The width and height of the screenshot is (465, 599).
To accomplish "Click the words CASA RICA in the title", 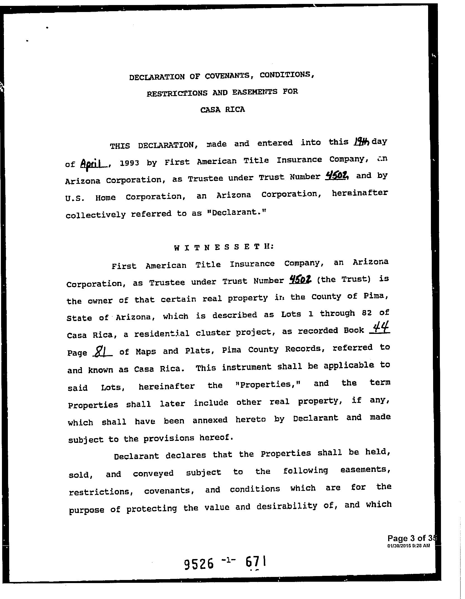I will coord(222,110).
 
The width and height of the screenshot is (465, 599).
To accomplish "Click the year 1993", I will coord(129,163).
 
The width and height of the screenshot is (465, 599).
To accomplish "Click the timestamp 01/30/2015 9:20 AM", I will coord(409,545).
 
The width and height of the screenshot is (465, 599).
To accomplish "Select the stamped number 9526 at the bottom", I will coord(199,564).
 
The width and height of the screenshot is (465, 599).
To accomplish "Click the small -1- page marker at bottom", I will coord(228,560).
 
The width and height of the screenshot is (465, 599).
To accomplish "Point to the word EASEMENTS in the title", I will coord(255,92).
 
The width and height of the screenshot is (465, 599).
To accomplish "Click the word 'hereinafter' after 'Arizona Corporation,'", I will coord(360,193).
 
